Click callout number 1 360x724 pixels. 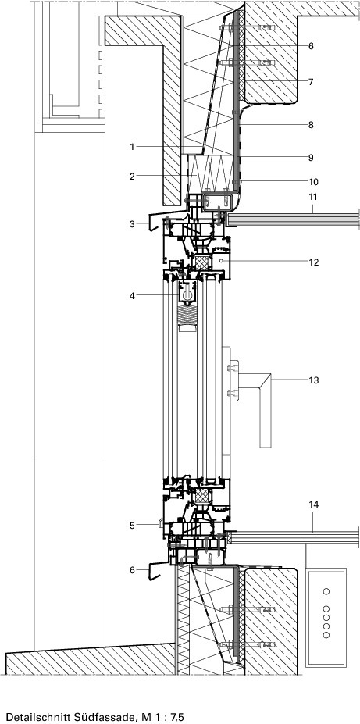pyautogui.click(x=132, y=147)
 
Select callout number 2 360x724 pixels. pyautogui.click(x=132, y=176)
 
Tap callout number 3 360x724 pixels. pyautogui.click(x=132, y=224)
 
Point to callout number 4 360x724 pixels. pyautogui.click(x=132, y=295)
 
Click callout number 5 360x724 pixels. pyautogui.click(x=132, y=525)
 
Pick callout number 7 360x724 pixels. pyautogui.click(x=311, y=82)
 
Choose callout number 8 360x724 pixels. pyautogui.click(x=311, y=125)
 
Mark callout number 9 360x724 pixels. pyautogui.click(x=311, y=158)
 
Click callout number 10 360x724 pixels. pyautogui.click(x=313, y=182)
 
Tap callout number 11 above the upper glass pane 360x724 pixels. pyautogui.click(x=313, y=197)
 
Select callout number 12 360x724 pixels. pyautogui.click(x=313, y=262)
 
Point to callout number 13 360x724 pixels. pyautogui.click(x=313, y=380)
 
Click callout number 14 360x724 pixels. pyautogui.click(x=313, y=505)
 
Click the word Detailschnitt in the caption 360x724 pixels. pyautogui.click(x=34, y=717)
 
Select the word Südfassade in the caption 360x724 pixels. pyautogui.click(x=92, y=717)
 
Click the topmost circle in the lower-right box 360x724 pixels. pyautogui.click(x=326, y=591)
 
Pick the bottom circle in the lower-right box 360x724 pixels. pyautogui.click(x=326, y=635)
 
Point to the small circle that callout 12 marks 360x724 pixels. pyautogui.click(x=222, y=262)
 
